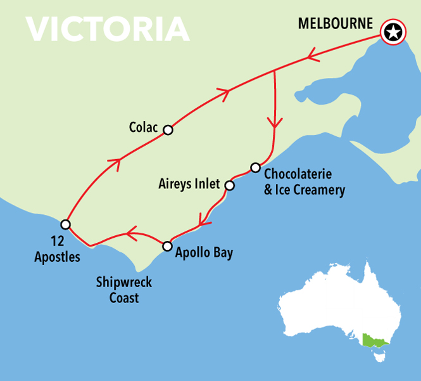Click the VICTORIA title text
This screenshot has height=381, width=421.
[x=108, y=29]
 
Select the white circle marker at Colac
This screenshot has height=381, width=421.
[x=168, y=130]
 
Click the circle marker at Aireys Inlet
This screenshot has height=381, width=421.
[x=229, y=186]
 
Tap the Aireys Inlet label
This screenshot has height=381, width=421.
[x=188, y=184]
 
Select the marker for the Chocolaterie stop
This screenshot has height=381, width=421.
[x=255, y=167]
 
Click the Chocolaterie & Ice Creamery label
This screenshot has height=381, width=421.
[x=305, y=181]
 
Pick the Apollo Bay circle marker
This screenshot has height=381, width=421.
[x=167, y=246]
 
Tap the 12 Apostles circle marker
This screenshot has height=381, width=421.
[x=65, y=224]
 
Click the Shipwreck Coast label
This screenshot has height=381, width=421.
[x=120, y=289]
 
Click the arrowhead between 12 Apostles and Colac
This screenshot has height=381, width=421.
[x=115, y=162]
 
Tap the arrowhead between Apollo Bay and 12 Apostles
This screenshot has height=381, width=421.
[x=131, y=235]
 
